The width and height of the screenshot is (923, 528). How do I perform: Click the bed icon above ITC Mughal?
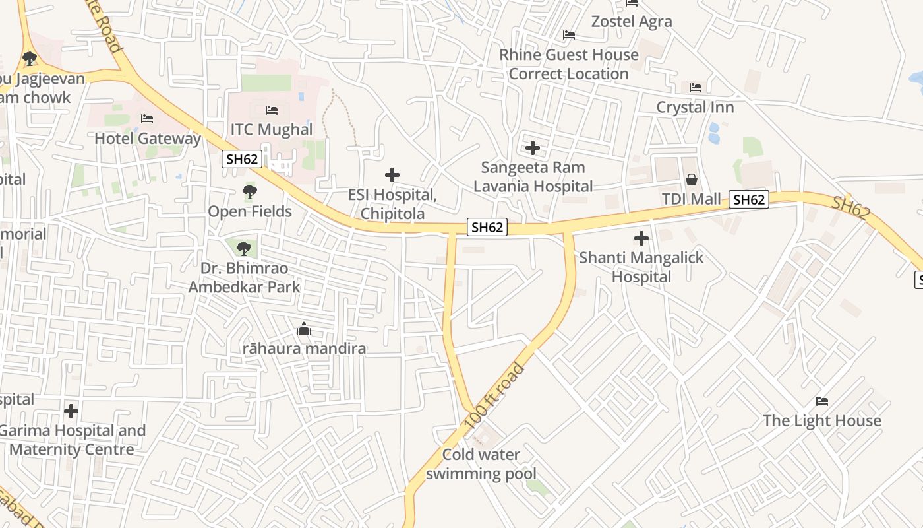271,110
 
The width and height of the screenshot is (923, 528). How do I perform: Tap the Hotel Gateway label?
147,139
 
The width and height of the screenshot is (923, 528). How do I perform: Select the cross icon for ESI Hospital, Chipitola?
392,175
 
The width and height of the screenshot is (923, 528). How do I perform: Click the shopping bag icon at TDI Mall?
692,179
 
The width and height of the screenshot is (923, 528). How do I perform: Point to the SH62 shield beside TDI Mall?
749,199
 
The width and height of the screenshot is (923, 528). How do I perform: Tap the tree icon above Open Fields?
249,192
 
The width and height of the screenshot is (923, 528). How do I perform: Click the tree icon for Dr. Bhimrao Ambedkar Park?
244,249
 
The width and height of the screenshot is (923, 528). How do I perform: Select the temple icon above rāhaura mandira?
303,328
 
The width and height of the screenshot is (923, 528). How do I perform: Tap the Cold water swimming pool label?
481,464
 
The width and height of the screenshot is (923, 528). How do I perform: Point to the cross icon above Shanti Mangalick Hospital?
641,238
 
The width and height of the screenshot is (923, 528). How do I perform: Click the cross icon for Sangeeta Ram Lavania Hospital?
533,148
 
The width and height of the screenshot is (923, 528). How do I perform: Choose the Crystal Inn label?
695,107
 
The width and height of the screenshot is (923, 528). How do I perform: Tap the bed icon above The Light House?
821,401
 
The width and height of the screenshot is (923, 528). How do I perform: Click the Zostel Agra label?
631,21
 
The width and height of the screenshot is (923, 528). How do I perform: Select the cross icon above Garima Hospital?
71,411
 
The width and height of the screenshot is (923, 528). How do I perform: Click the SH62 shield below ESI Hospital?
487,227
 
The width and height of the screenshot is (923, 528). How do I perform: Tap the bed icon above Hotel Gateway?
147,119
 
